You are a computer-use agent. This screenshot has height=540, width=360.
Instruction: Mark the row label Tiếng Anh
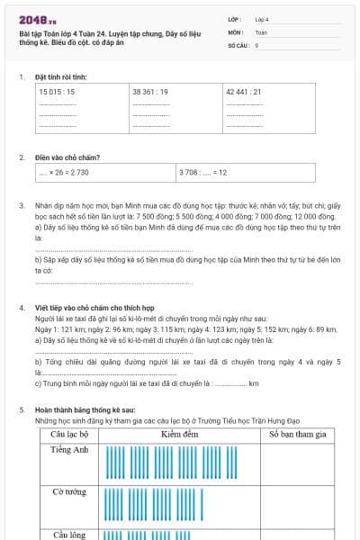69,450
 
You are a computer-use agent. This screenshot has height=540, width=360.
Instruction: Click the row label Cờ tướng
69,492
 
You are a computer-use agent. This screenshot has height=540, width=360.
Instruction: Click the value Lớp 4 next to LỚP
262,19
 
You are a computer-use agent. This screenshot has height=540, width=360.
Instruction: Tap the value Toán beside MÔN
261,31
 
